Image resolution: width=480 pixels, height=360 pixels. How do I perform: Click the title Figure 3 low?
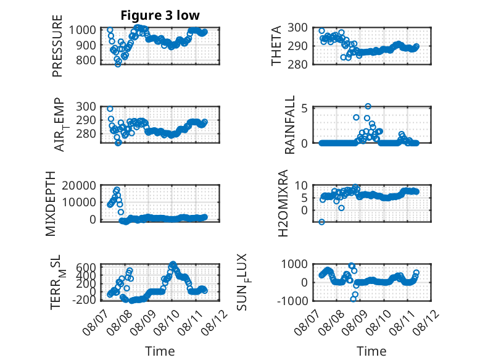[160, 15]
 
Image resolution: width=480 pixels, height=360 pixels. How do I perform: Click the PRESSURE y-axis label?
[57, 46]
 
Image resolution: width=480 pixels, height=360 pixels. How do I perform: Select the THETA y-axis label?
[276, 46]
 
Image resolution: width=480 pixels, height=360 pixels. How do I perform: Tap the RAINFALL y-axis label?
[289, 125]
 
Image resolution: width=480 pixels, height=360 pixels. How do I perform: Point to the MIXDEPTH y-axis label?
[51, 204]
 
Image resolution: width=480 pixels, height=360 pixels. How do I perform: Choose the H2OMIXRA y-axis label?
[283, 203]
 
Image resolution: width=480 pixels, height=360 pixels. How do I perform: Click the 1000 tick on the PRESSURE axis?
[82, 30]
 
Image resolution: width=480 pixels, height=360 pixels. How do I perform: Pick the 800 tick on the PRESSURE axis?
[86, 60]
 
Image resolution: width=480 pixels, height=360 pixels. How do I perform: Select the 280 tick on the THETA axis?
[297, 64]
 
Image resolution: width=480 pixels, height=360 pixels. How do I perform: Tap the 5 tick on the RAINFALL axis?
[304, 108]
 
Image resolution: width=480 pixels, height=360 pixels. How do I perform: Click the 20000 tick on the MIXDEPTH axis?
[79, 185]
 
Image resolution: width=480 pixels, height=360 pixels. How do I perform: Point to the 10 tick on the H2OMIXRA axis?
[301, 185]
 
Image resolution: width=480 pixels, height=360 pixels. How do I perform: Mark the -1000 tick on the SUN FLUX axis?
[292, 301]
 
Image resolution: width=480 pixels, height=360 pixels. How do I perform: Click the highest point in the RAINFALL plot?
[368, 106]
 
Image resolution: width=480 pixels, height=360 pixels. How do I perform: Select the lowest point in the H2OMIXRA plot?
[321, 222]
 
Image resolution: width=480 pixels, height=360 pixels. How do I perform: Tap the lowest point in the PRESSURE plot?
[118, 64]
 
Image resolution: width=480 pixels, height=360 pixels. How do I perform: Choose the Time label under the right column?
[371, 351]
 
